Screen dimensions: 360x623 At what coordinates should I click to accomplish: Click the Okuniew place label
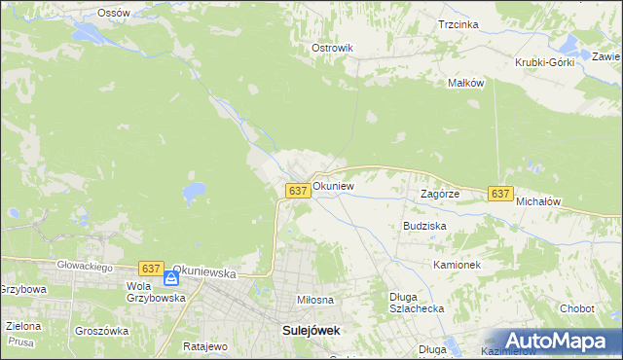pos(333,185)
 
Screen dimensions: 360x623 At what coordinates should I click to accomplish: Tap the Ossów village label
pos(114,13)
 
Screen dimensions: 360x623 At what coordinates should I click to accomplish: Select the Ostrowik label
pos(331,48)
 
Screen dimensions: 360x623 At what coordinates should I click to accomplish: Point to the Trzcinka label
pos(458,24)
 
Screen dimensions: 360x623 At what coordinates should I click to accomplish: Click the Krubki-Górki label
pos(545,62)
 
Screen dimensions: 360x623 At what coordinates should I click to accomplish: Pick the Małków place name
pos(465,83)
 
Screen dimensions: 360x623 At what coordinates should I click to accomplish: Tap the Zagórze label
pos(439,194)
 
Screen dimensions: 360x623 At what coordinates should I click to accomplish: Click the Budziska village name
pos(424,225)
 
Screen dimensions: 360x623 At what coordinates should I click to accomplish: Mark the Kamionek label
pos(458,264)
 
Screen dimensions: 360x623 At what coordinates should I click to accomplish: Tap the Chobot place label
pos(577,308)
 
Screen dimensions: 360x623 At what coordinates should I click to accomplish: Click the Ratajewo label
pos(204,345)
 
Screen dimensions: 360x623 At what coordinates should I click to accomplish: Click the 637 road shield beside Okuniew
pos(299,191)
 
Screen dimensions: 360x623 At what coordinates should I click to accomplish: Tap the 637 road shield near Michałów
pos(500,194)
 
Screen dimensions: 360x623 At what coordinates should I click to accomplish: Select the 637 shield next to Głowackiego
pos(150,268)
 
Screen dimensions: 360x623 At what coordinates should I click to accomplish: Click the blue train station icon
pos(171,278)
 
